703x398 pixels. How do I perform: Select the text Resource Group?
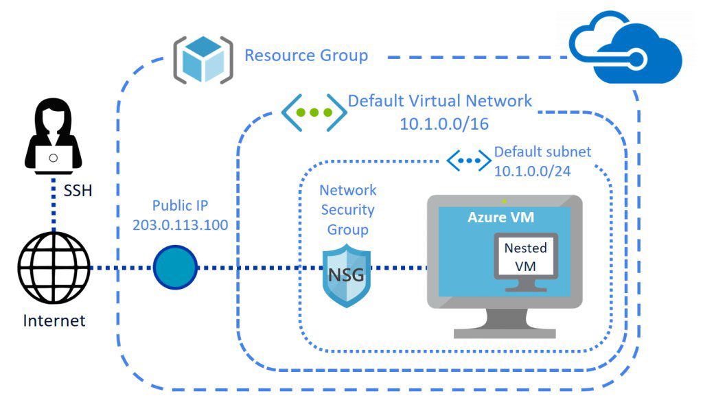306,55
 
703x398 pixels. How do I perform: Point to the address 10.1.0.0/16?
439,124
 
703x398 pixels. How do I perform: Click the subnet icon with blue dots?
469,161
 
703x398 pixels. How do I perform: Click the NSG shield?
348,277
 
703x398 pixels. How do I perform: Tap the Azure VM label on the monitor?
501,218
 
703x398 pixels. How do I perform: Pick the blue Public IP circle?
174,267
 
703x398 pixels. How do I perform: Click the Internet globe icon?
54,267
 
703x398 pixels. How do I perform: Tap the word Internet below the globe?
54,320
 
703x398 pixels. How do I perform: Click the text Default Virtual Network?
439,101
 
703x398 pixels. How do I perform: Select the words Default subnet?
542,152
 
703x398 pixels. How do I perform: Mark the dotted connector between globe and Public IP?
120,267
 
